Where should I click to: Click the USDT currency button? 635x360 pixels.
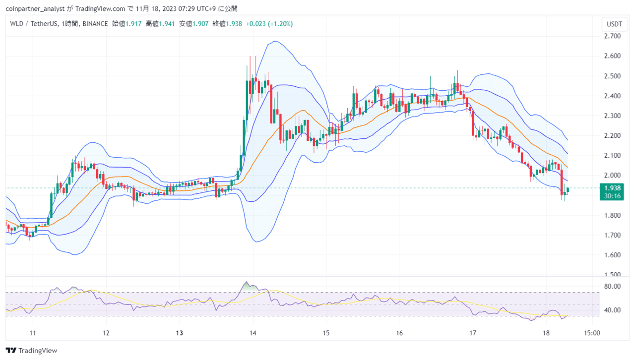tap(614, 24)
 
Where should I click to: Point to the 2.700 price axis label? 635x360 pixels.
tap(612, 36)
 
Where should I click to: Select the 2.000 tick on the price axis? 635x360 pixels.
tap(612, 175)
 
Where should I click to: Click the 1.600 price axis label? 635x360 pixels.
tap(612, 255)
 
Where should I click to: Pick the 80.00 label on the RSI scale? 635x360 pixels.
tap(612, 286)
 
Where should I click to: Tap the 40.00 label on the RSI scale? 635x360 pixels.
tap(612, 310)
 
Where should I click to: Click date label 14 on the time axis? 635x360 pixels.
tap(253, 333)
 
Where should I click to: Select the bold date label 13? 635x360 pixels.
tap(180, 333)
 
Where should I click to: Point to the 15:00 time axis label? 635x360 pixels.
tap(592, 333)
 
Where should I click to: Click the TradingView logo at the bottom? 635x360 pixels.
tap(31, 351)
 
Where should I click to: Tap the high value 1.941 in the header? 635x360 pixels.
tap(167, 24)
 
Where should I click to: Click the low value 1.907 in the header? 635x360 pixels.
tap(200, 24)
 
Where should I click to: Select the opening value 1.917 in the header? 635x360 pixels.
tap(133, 24)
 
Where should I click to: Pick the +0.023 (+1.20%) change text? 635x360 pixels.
tap(269, 24)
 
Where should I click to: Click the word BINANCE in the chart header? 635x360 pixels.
tap(95, 24)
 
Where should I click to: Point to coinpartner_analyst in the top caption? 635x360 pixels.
tap(35, 9)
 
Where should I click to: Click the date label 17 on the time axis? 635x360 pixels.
tap(473, 333)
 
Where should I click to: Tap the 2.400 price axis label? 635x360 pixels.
tap(612, 96)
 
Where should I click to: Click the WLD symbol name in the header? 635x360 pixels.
tap(17, 24)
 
